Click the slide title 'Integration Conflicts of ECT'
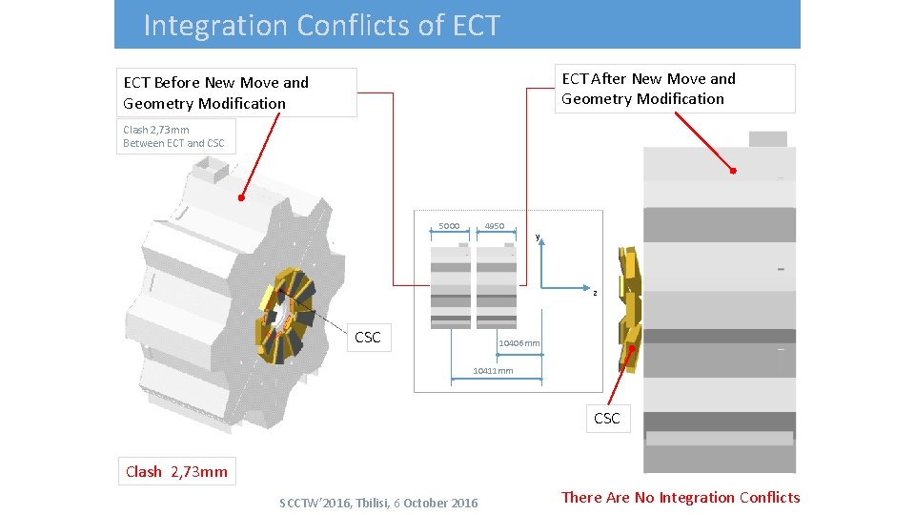point(321,25)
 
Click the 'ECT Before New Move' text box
point(236,93)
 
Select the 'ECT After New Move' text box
point(675,89)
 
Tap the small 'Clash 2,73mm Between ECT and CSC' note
point(175,136)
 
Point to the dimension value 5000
point(449,226)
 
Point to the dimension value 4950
point(494,226)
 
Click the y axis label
point(538,237)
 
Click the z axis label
point(595,293)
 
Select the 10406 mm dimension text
point(519,343)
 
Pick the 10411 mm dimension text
point(493,371)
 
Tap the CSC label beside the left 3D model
point(367,337)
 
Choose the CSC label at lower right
point(606,418)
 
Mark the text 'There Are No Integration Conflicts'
point(681,497)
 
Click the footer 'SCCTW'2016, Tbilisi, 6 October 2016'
point(378,503)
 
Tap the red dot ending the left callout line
point(242,198)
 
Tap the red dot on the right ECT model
point(733,171)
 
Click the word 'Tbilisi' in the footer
point(368,503)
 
